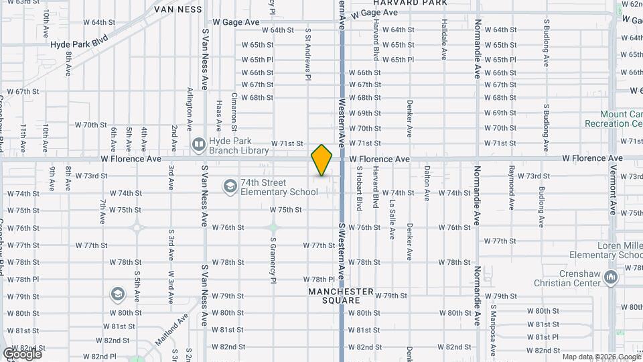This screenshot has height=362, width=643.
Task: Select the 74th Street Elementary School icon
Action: [230, 186]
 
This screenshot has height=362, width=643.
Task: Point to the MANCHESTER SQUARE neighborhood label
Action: [340, 296]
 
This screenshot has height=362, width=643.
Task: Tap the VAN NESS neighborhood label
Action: [177, 9]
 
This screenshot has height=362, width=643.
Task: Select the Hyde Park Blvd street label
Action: [79, 43]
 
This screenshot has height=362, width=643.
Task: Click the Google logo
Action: [22, 353]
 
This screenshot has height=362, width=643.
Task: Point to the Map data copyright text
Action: [601, 357]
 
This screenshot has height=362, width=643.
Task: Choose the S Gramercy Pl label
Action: [273, 258]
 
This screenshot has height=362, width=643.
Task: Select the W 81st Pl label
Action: [543, 337]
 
